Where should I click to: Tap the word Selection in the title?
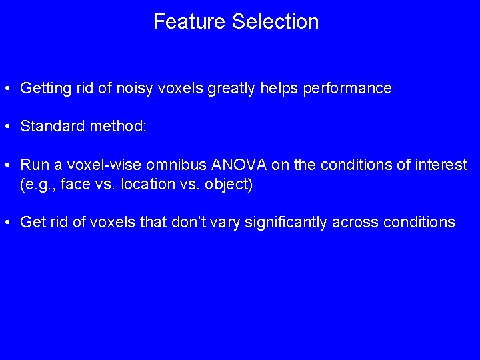[x=275, y=21]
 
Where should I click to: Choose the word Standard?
[x=51, y=126]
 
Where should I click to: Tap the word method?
[x=117, y=126]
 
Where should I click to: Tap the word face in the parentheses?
[x=76, y=183]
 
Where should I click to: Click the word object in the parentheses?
[x=226, y=183]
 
